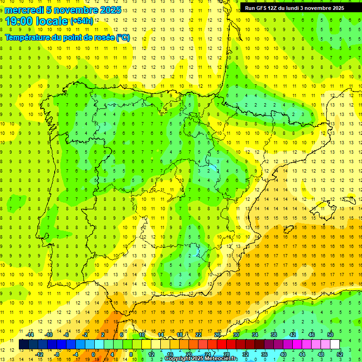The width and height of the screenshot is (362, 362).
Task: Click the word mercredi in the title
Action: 25,10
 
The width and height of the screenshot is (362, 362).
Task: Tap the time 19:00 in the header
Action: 19,21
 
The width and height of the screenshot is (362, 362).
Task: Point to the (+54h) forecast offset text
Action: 82,21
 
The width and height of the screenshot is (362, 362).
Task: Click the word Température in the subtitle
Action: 29,37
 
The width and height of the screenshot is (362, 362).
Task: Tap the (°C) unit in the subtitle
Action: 123,37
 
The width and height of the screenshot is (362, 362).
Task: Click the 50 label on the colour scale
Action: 330,335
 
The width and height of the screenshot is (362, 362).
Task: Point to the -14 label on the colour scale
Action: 30,335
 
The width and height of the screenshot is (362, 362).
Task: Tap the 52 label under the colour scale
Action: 340,355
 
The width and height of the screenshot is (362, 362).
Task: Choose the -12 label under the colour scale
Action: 39,355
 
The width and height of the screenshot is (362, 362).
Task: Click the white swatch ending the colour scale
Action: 335,345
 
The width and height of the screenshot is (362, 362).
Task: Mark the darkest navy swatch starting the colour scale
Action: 24,345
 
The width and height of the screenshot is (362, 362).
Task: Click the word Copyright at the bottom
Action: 179,359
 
